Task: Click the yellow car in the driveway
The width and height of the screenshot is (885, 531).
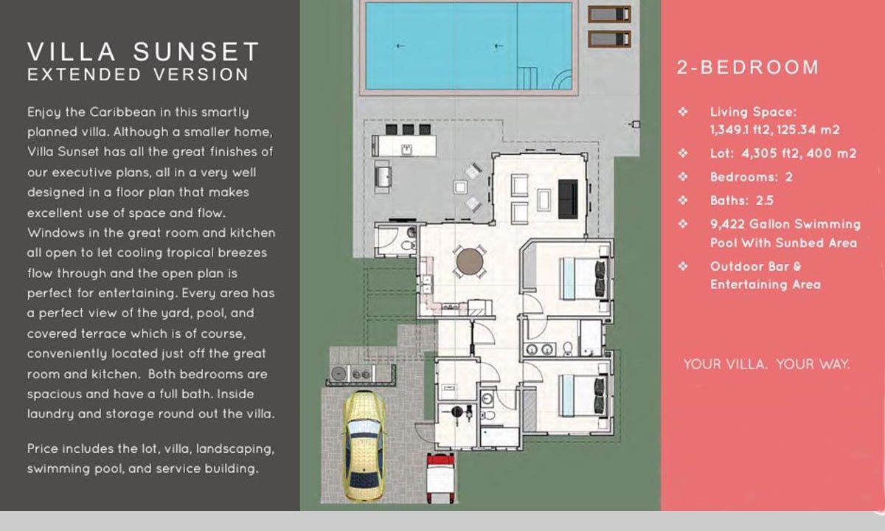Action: [x=364, y=445]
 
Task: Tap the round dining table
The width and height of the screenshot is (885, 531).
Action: [x=469, y=261]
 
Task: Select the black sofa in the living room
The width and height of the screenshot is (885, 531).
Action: [x=568, y=199]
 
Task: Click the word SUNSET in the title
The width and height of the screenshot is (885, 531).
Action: [x=196, y=52]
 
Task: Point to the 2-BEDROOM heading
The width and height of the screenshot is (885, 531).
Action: [x=748, y=67]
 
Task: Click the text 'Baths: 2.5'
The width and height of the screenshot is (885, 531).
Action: [x=742, y=201]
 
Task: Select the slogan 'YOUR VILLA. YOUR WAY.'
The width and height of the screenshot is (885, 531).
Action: [x=766, y=364]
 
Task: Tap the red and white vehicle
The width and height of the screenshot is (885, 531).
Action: [x=440, y=478]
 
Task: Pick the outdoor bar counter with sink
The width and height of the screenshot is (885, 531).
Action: [x=404, y=146]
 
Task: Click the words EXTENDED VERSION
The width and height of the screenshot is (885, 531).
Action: [x=138, y=74]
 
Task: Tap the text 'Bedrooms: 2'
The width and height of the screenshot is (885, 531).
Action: [x=751, y=176]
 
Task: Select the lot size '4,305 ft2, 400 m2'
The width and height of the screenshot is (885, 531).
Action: [x=799, y=153]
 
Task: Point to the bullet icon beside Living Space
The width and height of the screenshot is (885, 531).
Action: [x=683, y=112]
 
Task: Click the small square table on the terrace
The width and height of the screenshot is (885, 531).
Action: [x=460, y=187]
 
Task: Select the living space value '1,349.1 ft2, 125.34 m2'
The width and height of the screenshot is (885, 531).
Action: [x=774, y=130]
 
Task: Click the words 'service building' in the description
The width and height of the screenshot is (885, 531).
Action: [x=207, y=468]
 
